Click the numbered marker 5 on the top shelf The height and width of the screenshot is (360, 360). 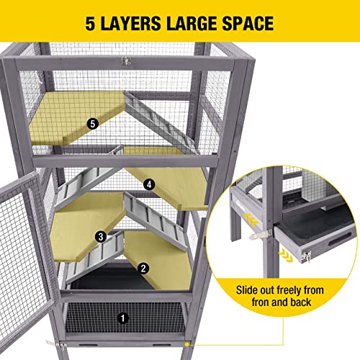point(92,123)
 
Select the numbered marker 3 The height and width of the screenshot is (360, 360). point(102,235)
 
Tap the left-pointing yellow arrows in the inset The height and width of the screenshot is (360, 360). point(251,216)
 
